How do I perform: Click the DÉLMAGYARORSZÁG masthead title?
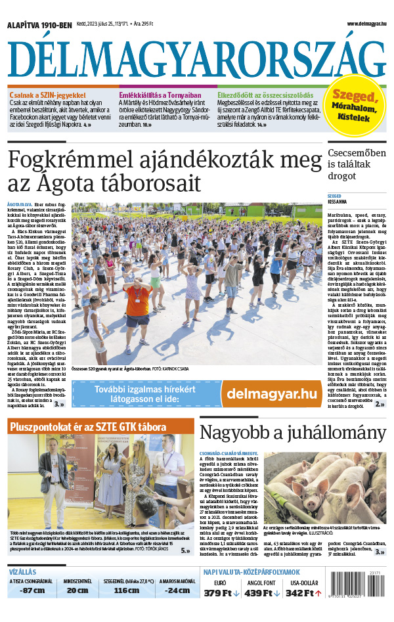tap(196, 58)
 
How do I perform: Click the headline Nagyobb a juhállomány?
tap(293, 433)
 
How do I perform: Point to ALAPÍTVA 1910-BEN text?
tap(39, 25)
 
